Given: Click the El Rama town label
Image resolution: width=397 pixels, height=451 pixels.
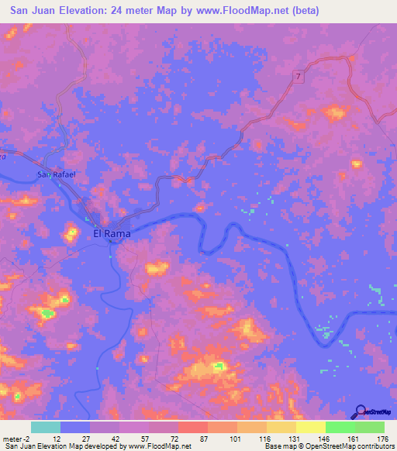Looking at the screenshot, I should click(x=112, y=232).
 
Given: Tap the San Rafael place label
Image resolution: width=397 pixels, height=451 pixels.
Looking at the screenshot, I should click(x=54, y=175).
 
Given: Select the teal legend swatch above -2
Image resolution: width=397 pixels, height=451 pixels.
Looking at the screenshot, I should click(x=45, y=427).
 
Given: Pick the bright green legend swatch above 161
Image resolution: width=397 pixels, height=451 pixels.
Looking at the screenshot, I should click(x=340, y=427).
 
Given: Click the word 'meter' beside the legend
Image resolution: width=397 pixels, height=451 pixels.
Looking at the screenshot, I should click(x=12, y=439).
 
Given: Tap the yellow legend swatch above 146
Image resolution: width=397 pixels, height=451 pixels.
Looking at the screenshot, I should click(x=310, y=427).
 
